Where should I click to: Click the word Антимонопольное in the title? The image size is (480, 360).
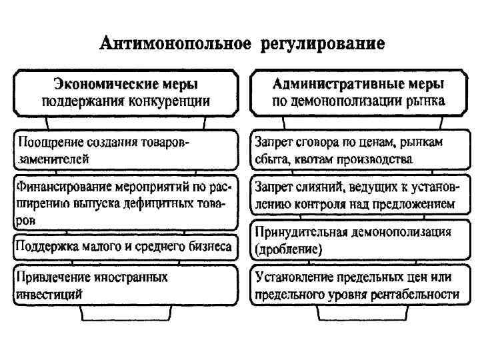click(175, 45)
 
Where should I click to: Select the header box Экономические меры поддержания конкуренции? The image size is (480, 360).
click(125, 94)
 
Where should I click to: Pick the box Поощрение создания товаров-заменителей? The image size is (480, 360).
click(125, 151)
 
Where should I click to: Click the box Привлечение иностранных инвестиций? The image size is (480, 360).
click(125, 285)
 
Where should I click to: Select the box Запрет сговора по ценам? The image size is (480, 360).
click(359, 151)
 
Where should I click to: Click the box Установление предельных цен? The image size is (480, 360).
click(359, 285)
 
